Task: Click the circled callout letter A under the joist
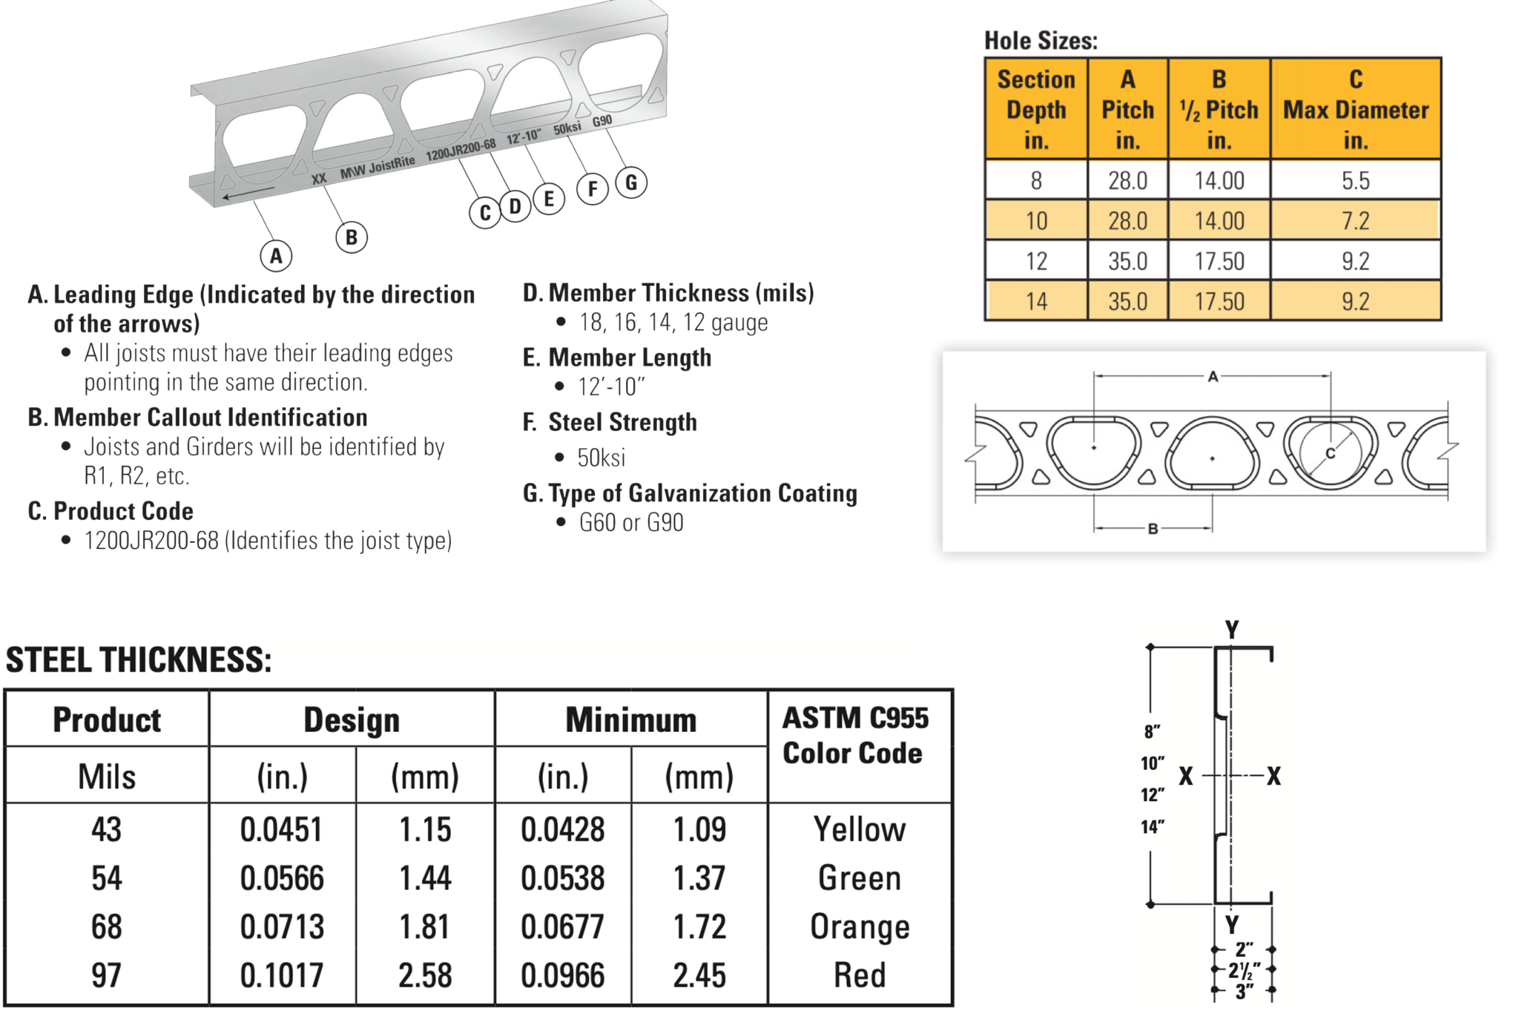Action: [x=276, y=257]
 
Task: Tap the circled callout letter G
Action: [x=631, y=182]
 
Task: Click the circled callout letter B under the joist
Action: [x=352, y=237]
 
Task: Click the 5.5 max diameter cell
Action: [x=1355, y=180]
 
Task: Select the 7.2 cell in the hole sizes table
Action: [x=1355, y=221]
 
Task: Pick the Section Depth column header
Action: [x=1036, y=109]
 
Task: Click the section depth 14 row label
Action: [x=1036, y=302]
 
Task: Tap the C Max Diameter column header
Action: [x=1355, y=109]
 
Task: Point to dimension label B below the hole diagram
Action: [x=1153, y=529]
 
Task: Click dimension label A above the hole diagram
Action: [x=1213, y=377]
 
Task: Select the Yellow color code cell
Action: [x=860, y=829]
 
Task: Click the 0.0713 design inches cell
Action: [x=282, y=927]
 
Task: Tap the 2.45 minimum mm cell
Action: [x=699, y=975]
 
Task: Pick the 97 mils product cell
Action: [x=106, y=975]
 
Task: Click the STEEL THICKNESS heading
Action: [x=139, y=660]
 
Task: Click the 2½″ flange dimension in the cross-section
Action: [x=1244, y=970]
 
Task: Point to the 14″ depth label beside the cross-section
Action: [x=1153, y=826]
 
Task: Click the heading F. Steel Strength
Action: [x=610, y=423]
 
